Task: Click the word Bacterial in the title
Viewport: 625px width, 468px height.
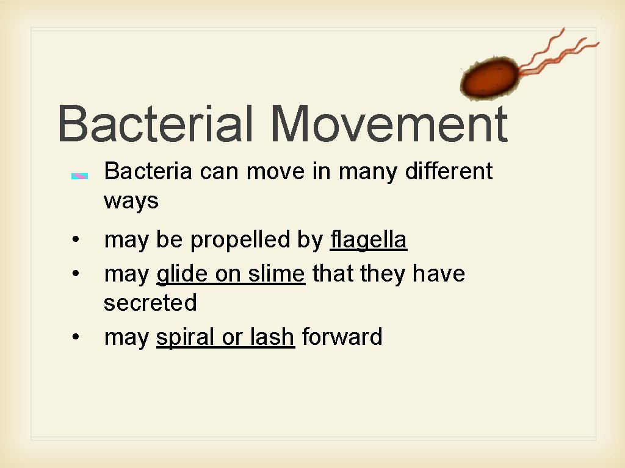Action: [x=155, y=124]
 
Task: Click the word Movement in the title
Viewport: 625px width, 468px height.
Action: [x=389, y=124]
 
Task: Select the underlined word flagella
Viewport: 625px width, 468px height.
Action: [x=368, y=240]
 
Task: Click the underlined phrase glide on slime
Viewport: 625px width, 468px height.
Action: [x=230, y=274]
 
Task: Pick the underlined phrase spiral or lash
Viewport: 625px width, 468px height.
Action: [x=225, y=336]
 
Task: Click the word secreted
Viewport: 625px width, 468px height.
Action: [x=150, y=302]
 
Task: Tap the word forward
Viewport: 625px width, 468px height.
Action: [x=342, y=336]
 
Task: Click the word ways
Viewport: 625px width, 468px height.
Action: [x=131, y=201]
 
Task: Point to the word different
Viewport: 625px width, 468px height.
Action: [x=449, y=172]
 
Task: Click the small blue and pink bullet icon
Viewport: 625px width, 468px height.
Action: [x=80, y=176]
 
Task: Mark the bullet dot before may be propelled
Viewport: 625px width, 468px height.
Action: [x=74, y=241]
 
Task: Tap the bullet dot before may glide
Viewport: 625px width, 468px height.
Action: [x=74, y=275]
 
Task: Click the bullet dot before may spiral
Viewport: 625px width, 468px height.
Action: [x=74, y=337]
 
